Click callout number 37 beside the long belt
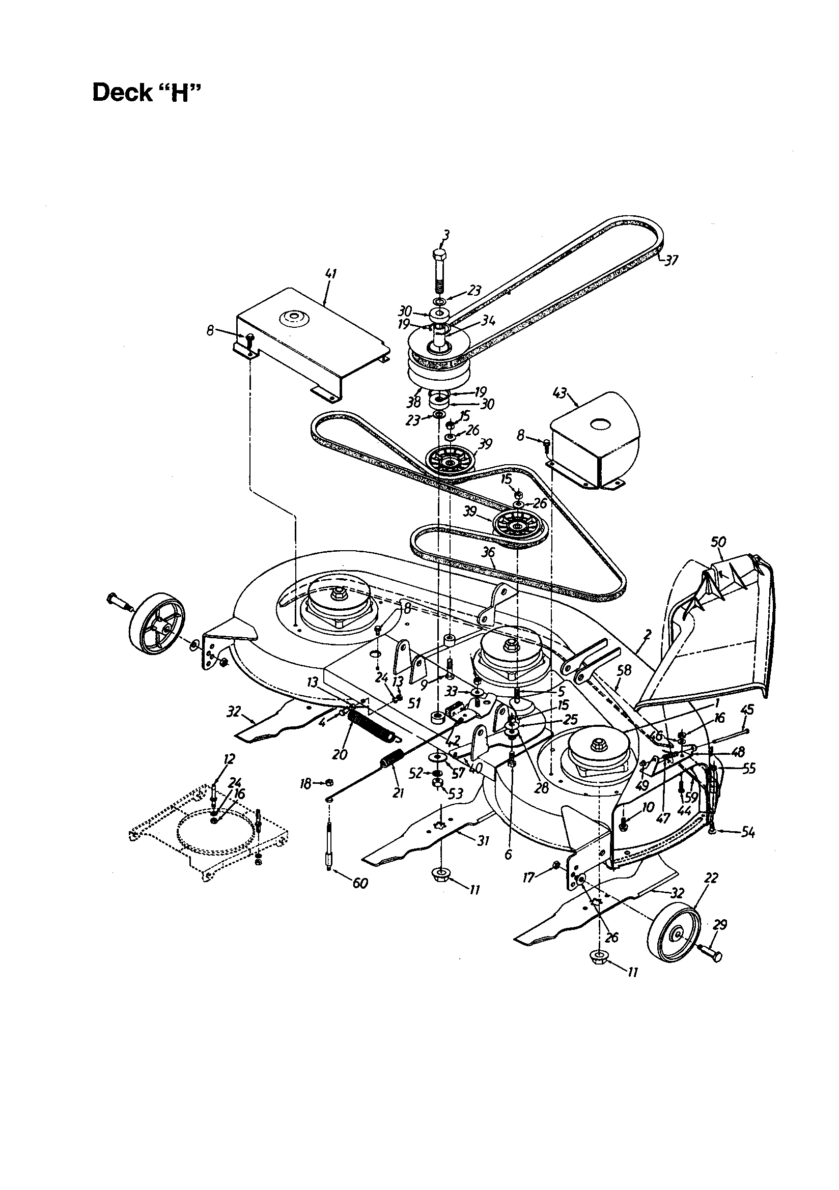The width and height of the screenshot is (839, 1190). (671, 260)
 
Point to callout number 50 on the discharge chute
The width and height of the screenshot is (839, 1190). (718, 542)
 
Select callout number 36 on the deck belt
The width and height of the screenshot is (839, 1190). (488, 553)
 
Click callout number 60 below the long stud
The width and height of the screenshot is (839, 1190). (360, 883)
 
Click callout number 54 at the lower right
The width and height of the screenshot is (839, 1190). (747, 833)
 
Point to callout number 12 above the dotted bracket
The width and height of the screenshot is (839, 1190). (229, 759)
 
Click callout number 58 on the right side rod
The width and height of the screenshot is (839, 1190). (624, 670)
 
